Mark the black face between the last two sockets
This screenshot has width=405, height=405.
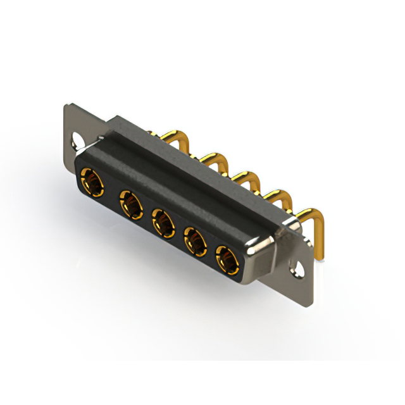[x=211, y=248]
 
